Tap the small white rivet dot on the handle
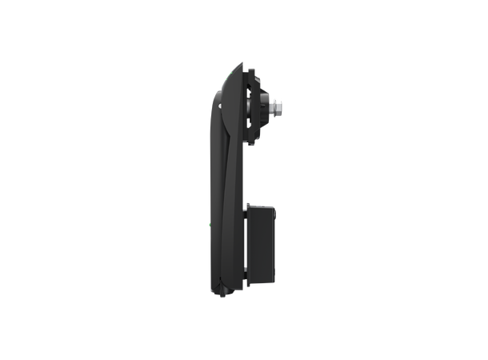pos(219,102)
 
